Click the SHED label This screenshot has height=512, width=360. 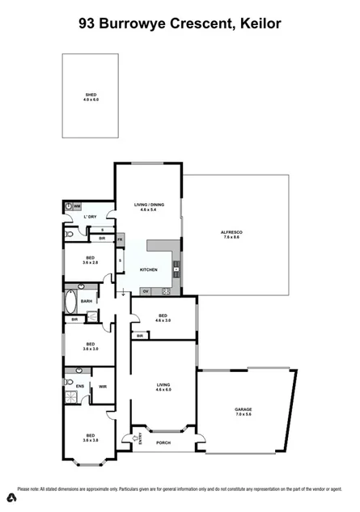tap(91, 98)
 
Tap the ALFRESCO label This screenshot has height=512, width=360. tap(232, 235)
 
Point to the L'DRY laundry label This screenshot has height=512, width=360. tap(91, 217)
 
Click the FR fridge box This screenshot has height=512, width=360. tap(119, 239)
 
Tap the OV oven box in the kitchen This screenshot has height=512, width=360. tap(146, 290)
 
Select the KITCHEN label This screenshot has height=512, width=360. tap(148, 269)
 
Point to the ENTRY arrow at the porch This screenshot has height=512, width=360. tap(128, 439)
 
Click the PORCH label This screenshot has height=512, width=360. tap(163, 442)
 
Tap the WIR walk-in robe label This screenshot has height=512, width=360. tap(103, 387)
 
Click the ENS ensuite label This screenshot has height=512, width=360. tap(79, 387)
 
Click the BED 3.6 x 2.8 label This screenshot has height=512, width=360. tap(90, 260)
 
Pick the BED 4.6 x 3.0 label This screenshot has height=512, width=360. tap(163, 318)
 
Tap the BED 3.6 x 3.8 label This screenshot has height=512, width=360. tap(91, 438)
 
